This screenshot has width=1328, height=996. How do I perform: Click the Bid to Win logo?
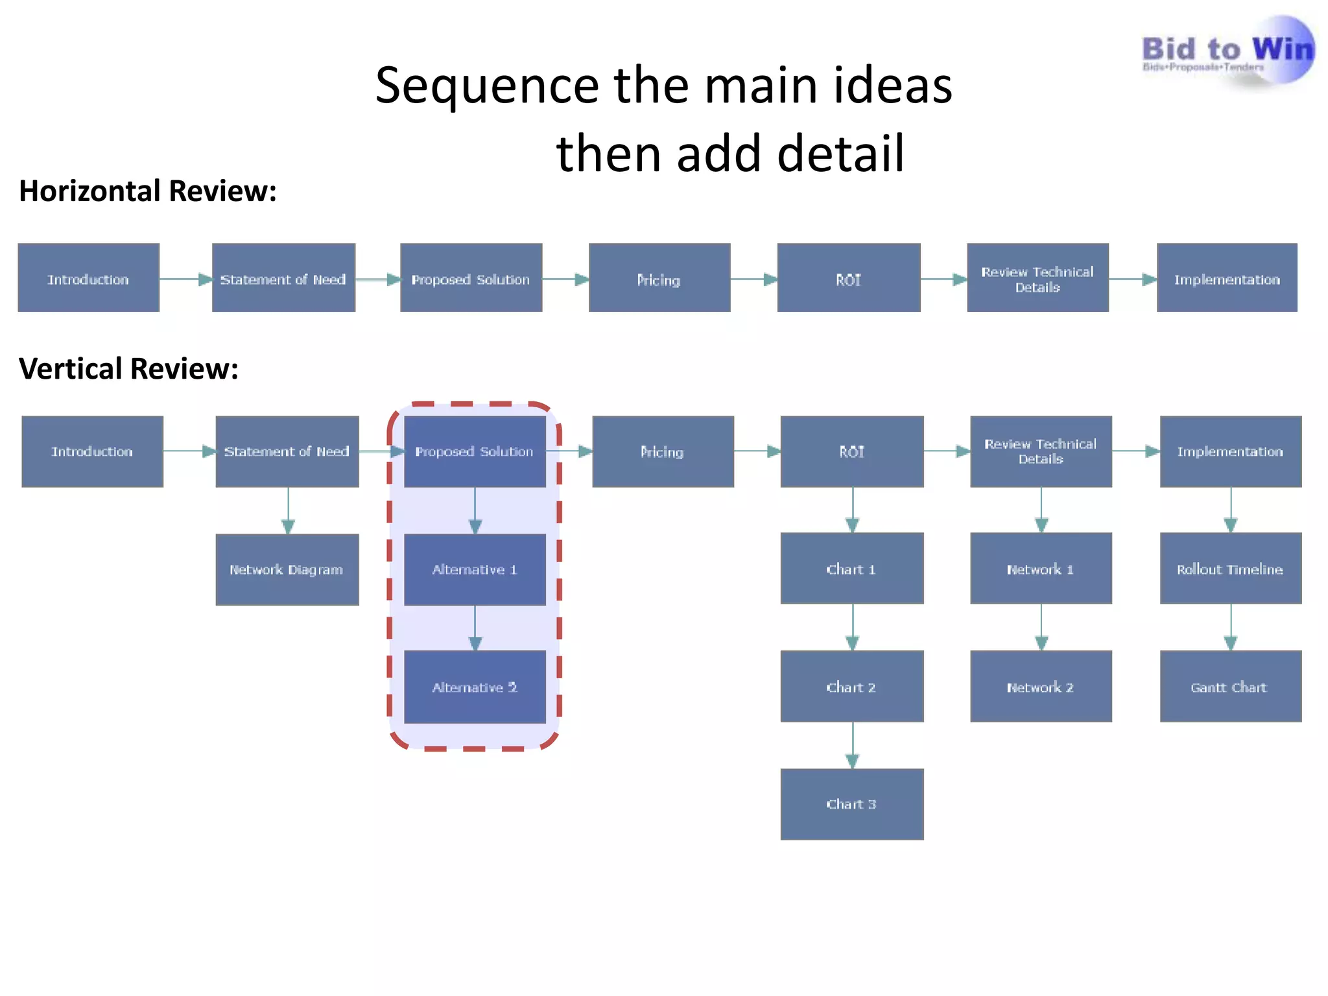1227,52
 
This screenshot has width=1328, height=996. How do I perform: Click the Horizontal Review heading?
148,191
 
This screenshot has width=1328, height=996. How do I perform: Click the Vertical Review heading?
128,369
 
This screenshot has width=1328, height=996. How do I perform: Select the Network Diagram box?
287,569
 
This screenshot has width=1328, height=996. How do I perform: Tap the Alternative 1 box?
475,569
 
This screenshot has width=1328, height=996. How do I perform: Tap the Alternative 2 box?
475,687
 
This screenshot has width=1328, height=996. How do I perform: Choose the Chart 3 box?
851,804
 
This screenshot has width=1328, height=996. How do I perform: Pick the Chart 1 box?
851,569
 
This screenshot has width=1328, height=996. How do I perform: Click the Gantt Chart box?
1230,687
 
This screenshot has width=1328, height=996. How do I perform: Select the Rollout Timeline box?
1230,569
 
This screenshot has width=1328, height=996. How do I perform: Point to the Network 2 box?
1041,687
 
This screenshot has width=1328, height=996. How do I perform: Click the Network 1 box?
1041,569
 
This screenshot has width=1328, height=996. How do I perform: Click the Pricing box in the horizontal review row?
659,278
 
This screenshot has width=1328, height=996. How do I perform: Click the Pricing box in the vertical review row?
663,451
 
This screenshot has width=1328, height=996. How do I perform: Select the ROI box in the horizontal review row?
848,278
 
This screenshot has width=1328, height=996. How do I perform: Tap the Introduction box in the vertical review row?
92,451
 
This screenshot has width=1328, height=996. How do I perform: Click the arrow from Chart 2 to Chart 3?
853,746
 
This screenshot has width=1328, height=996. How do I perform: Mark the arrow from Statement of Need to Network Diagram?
289,511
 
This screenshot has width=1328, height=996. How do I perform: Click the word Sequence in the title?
486,86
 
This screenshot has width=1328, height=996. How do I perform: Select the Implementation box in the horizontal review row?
1227,278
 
